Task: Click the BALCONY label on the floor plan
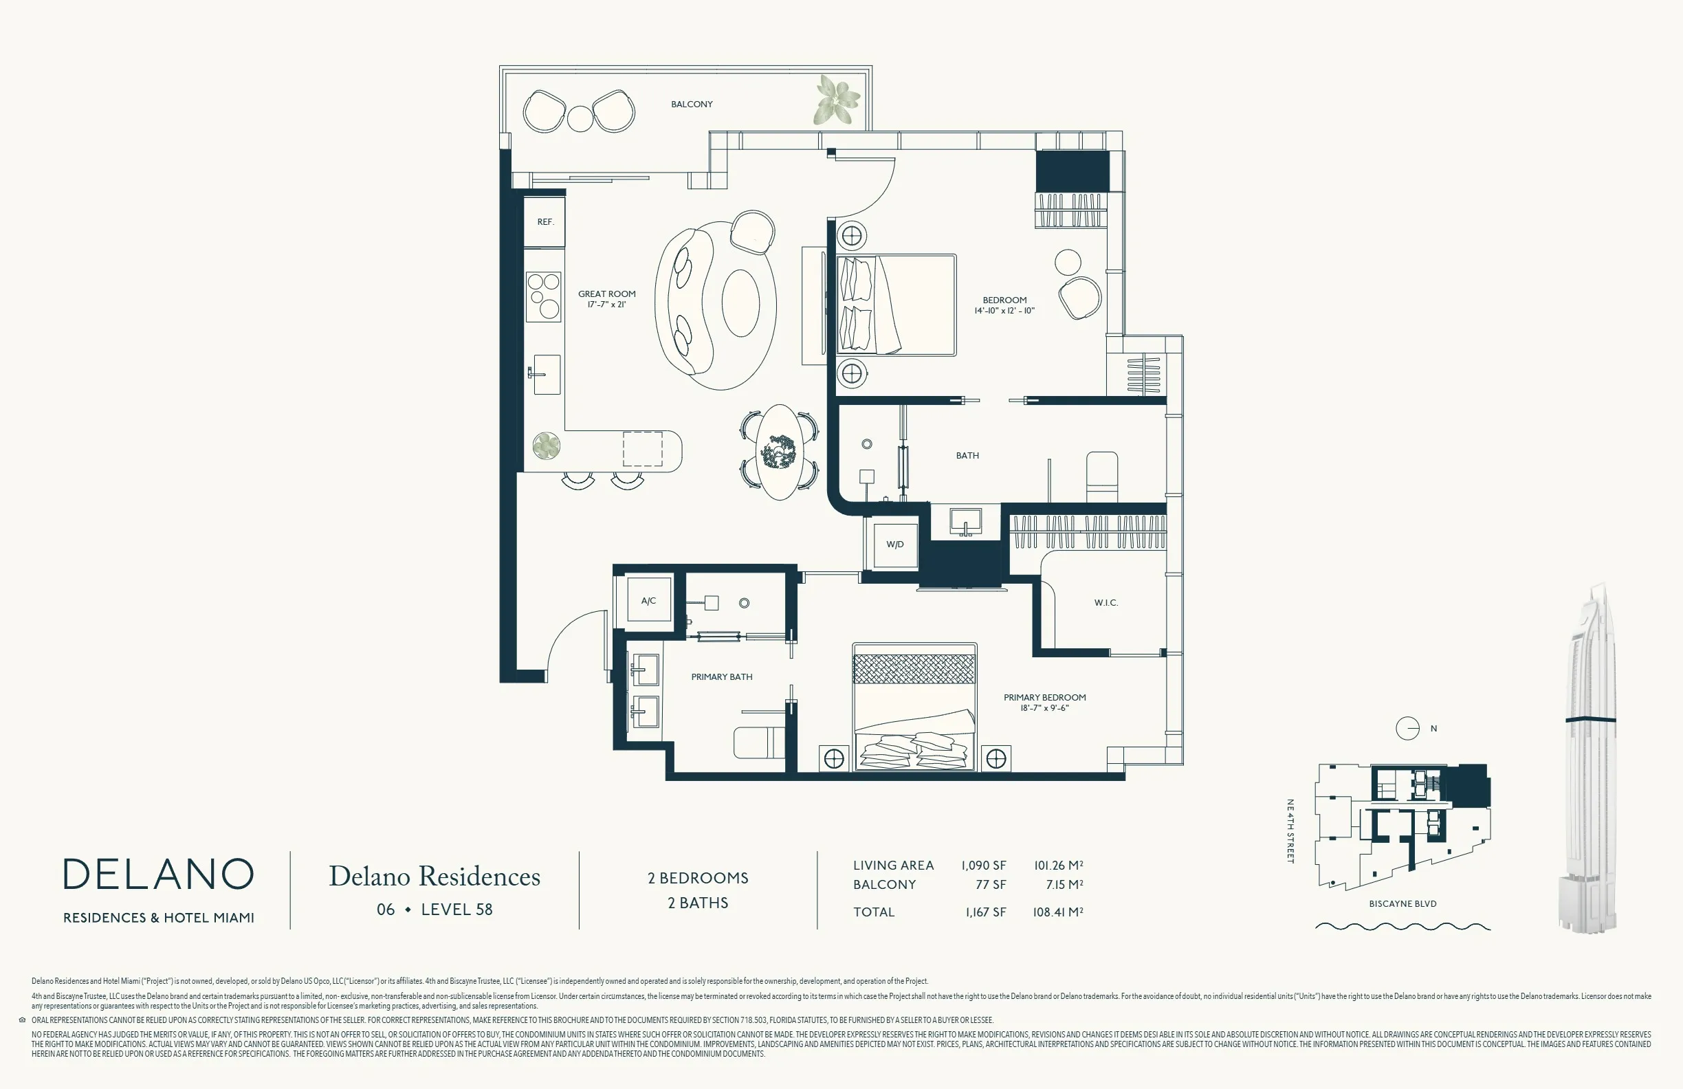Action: click(692, 104)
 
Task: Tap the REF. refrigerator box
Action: click(544, 221)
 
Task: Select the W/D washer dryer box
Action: click(895, 544)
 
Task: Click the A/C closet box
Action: click(648, 600)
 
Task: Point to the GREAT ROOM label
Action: click(607, 294)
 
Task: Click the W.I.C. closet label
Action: click(1106, 602)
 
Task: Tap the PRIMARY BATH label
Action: click(721, 676)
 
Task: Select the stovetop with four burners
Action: click(544, 296)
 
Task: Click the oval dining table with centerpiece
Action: click(779, 452)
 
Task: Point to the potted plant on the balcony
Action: click(839, 100)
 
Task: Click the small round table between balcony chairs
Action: click(580, 118)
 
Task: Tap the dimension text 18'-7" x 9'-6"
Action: click(1044, 708)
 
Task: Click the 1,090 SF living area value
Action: click(983, 866)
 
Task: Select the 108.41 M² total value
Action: click(1058, 912)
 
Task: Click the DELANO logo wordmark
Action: click(158, 874)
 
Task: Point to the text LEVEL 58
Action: click(456, 910)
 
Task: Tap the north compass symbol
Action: click(1407, 728)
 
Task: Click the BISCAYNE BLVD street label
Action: click(1403, 904)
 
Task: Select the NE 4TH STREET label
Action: click(1290, 831)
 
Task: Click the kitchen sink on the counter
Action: click(545, 374)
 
